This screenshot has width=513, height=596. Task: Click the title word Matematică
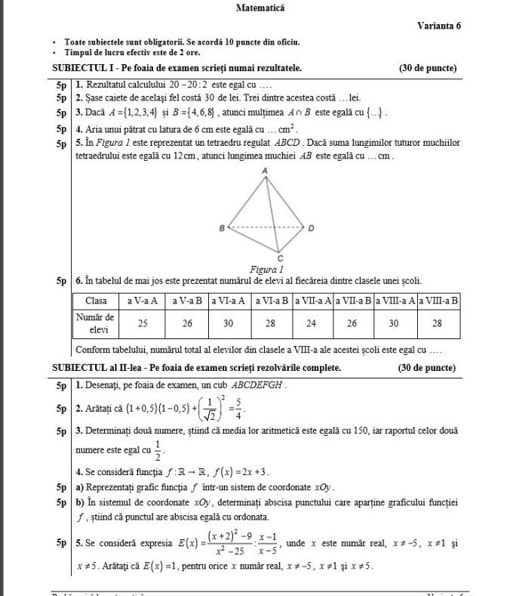point(260,8)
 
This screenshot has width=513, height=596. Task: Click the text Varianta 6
point(438,26)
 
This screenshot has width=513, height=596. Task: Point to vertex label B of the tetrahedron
point(222,227)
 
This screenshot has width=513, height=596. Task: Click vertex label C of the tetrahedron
point(280,258)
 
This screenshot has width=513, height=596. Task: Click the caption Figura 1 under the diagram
point(266,269)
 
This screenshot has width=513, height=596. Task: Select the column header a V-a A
point(143,300)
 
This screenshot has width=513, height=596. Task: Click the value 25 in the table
point(143,323)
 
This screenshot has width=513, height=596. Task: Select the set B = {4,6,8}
point(190,113)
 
